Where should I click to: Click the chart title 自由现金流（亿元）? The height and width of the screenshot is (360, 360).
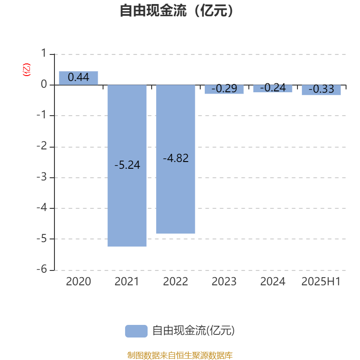[x=176, y=10]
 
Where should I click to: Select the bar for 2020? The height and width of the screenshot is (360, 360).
[x=78, y=78]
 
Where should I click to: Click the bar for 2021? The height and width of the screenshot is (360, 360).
[x=127, y=166]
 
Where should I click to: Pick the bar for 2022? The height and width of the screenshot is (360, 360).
[x=175, y=159]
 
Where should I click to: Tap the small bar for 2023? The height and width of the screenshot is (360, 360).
[x=224, y=90]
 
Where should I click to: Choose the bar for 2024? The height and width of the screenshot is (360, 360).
[x=273, y=89]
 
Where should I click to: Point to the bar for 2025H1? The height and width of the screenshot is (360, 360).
[x=321, y=90]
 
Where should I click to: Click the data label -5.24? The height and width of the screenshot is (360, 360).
[x=127, y=165]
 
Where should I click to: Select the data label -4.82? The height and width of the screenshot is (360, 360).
[x=176, y=158]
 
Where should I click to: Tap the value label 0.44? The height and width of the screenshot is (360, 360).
[x=78, y=77]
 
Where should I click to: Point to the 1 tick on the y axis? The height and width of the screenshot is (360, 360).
[x=44, y=53]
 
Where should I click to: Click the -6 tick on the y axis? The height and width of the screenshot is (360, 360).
[x=42, y=269]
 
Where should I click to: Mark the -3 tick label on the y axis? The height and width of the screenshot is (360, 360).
[x=42, y=177]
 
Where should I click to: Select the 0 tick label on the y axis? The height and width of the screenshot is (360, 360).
[x=44, y=84]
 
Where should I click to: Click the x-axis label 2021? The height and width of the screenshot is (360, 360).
[x=127, y=282]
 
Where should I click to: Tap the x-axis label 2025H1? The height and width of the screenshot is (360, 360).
[x=321, y=282]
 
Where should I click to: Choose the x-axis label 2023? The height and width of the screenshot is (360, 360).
[x=224, y=282]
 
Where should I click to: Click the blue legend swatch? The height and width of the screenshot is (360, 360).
[x=136, y=331]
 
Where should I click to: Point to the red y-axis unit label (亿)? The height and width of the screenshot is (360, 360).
[x=27, y=70]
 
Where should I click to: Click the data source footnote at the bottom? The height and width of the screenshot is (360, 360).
[x=180, y=355]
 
